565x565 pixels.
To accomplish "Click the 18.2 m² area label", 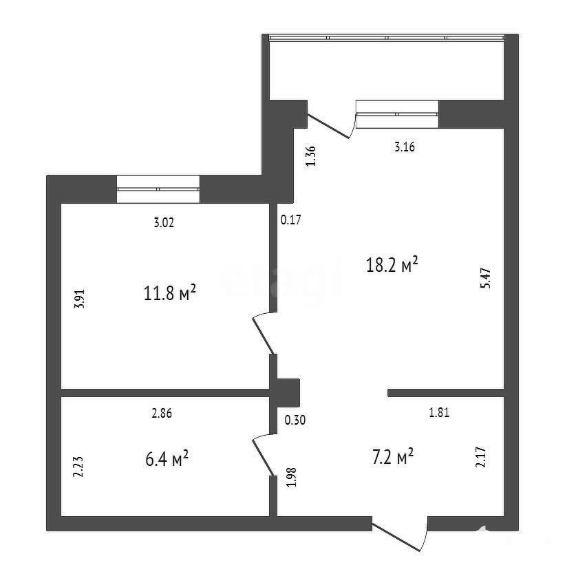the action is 392,264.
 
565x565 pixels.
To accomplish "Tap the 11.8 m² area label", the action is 170,292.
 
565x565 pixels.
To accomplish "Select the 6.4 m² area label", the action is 167,458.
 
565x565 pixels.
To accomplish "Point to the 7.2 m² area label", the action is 393,457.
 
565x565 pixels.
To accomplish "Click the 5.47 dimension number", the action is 485,278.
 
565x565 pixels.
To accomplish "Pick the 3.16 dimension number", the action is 405,147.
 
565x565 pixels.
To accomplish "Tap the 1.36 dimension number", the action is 310,156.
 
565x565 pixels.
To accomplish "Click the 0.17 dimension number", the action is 291,220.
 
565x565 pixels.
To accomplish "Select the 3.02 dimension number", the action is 164,223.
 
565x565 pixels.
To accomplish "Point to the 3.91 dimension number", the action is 79,299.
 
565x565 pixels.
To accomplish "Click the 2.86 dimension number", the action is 162,414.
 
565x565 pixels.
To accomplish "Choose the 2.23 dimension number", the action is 78,467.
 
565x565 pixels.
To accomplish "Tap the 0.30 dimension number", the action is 295,420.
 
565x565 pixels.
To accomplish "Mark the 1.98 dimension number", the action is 291,477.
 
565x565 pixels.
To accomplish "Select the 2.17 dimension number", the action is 481,457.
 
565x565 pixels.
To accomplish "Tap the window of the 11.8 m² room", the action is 158,189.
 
